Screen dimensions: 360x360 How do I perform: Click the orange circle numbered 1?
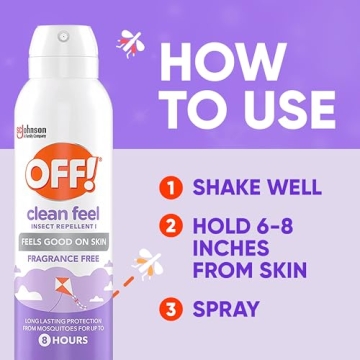point(170,187)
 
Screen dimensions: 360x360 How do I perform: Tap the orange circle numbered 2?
point(170,227)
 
